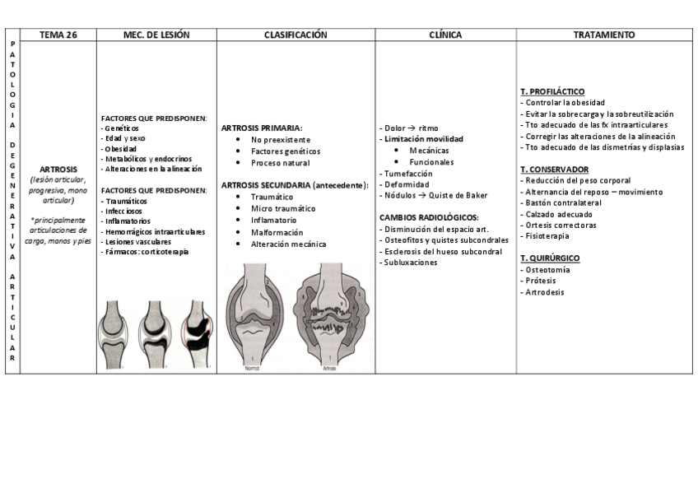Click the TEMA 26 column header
click(x=58, y=35)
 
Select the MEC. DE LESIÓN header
click(x=156, y=35)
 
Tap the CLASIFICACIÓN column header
click(x=295, y=35)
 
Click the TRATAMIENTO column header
click(x=604, y=35)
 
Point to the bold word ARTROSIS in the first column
click(x=58, y=169)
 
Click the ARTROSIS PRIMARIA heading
click(x=262, y=128)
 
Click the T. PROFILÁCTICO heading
click(x=552, y=91)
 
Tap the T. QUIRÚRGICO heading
click(x=550, y=258)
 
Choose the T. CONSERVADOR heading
click(x=554, y=170)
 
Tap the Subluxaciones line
click(x=410, y=263)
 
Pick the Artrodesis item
click(x=543, y=292)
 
